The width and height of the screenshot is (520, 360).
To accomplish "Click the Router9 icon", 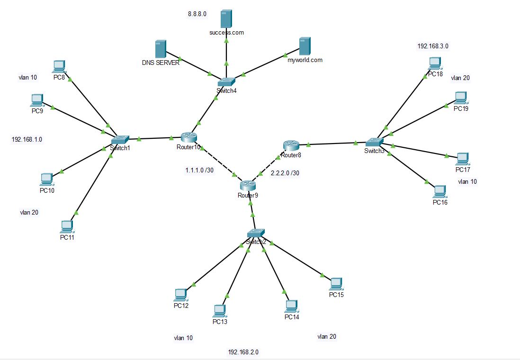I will tap(247, 185).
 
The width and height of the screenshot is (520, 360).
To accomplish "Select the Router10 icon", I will tap(188, 137).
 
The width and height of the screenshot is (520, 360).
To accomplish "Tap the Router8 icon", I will tap(291, 145).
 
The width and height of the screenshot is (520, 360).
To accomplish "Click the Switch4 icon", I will tap(226, 81).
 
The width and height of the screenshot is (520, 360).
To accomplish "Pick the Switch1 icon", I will tap(120, 139).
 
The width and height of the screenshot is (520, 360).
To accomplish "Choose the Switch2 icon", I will tap(256, 233).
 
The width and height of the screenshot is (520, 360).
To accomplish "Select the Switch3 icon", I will tap(374, 142).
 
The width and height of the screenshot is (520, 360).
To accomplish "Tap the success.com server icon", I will tap(226, 20).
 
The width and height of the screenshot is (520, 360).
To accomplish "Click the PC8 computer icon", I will tap(59, 66).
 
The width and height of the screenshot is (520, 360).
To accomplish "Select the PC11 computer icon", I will tap(67, 226).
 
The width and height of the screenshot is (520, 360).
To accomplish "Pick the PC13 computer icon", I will tap(219, 311).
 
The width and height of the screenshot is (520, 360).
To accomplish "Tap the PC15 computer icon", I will tap(336, 284).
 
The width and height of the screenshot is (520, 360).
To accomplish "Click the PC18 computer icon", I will tap(434, 63).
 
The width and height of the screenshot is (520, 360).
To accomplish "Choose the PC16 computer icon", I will tap(439, 191).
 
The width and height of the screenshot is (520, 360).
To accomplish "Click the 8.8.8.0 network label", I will tap(197, 14).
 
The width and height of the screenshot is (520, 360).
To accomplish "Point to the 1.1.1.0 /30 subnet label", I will tap(199, 170).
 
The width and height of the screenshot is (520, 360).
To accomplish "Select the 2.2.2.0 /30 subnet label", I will tap(285, 173).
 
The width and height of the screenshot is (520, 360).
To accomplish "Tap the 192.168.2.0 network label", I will tap(243, 352).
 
